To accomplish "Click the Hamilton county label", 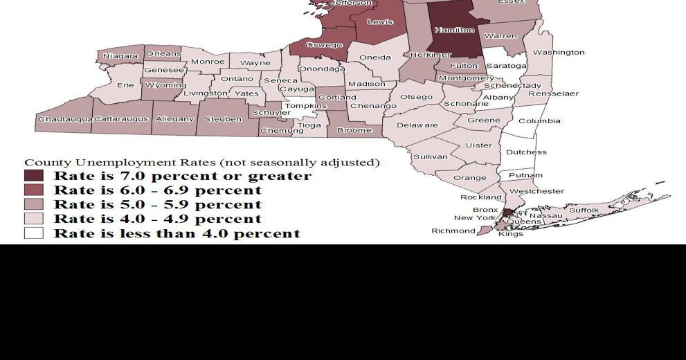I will click(x=454, y=30).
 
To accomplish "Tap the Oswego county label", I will click(x=324, y=46).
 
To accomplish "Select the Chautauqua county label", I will click(x=65, y=120).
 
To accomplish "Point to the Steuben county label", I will click(x=223, y=120).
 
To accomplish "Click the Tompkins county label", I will click(x=305, y=107).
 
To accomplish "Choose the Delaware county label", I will click(x=417, y=125).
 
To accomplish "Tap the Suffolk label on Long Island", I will click(x=584, y=210).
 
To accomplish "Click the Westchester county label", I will click(x=536, y=191).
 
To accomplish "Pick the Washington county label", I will click(x=559, y=52).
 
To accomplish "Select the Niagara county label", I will click(x=120, y=56).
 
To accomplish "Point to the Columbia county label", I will click(x=539, y=121).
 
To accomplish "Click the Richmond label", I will click(x=453, y=231).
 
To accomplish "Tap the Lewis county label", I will click(x=380, y=22).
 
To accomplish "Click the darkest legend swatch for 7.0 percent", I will click(x=34, y=176).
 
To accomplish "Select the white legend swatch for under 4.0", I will click(x=34, y=233).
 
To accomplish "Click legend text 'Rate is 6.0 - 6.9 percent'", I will click(x=157, y=190).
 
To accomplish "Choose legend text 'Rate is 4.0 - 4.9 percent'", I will click(x=157, y=219).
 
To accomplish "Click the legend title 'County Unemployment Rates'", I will click(x=201, y=163).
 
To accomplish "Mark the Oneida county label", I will click(x=376, y=57).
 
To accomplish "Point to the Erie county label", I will click(x=125, y=85).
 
